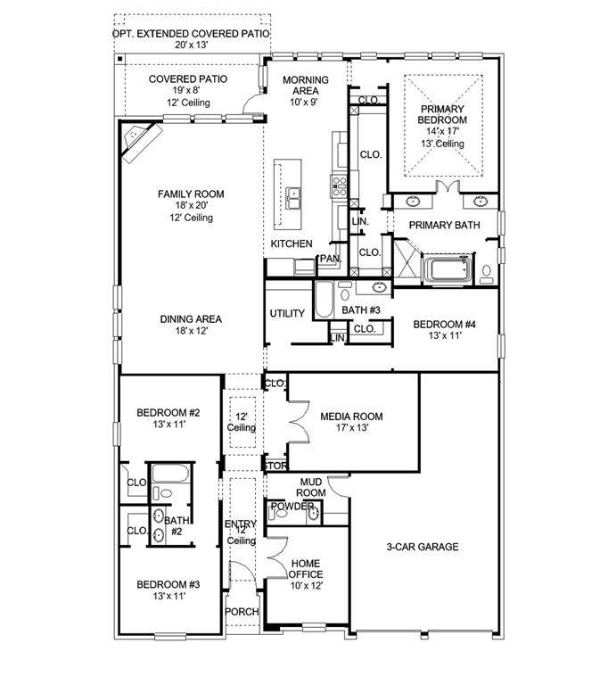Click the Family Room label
pyautogui.click(x=191, y=194)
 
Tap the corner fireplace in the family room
pyautogui.click(x=141, y=142)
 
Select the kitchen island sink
pyautogui.click(x=293, y=198)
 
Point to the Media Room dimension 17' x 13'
pyautogui.click(x=352, y=428)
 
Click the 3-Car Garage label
pyautogui.click(x=423, y=547)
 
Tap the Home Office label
pyautogui.click(x=306, y=569)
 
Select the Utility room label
pyautogui.click(x=287, y=313)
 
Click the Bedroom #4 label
pyautogui.click(x=444, y=324)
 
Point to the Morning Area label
pyautogui.click(x=305, y=86)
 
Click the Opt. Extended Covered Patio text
pyautogui.click(x=191, y=34)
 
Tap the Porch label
pyautogui.click(x=242, y=612)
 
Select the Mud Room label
pyautogui.click(x=311, y=487)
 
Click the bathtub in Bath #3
pyautogui.click(x=324, y=299)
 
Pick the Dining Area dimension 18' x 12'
pyautogui.click(x=192, y=331)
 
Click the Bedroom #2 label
pyautogui.click(x=168, y=412)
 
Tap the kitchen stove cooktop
pyautogui.click(x=340, y=186)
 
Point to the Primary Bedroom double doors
pyautogui.click(x=448, y=186)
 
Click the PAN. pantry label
pyautogui.click(x=330, y=258)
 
